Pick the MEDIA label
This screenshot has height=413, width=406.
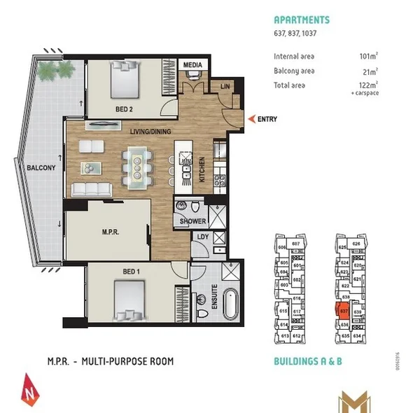pos(192,65)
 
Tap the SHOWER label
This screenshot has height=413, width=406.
pos(193,221)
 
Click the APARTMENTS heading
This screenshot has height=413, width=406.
pos(301,20)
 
